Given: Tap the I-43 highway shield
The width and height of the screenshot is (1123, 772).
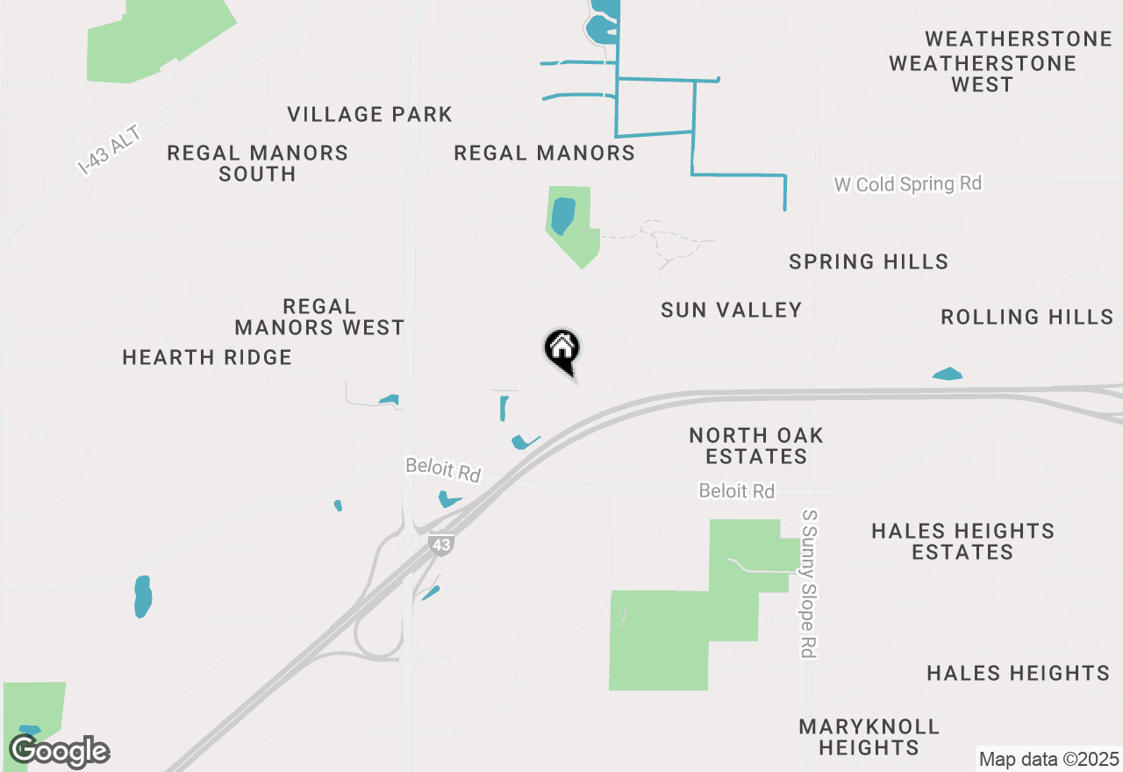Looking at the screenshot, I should click(441, 545).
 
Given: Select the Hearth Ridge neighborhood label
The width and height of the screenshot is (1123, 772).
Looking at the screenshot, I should click(207, 357).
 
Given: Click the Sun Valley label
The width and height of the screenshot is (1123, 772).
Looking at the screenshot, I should click(732, 310).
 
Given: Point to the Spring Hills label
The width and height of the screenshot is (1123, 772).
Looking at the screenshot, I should click(869, 261).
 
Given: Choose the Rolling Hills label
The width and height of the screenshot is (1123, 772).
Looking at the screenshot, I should click(1027, 317).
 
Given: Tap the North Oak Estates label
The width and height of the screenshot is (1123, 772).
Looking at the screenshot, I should click(756, 446).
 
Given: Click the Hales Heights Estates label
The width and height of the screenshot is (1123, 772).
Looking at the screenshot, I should click(962, 541).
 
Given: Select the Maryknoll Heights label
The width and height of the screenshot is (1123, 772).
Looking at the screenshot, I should click(869, 737).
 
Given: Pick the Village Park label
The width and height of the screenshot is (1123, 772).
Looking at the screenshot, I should click(370, 114).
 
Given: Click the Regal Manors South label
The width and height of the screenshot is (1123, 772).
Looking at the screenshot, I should click(257, 163).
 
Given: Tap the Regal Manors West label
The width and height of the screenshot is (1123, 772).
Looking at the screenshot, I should click(319, 318).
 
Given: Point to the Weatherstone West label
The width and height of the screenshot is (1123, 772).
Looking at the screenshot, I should click(983, 74).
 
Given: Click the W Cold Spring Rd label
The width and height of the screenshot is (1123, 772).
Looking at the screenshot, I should click(907, 184).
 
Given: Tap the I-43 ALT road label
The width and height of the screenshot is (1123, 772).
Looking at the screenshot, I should click(109, 148).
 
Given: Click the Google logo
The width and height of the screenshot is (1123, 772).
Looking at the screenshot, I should click(59, 751).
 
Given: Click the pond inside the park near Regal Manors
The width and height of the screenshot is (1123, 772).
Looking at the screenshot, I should click(562, 216).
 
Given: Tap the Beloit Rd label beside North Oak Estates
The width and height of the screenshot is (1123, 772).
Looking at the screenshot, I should click(737, 491).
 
